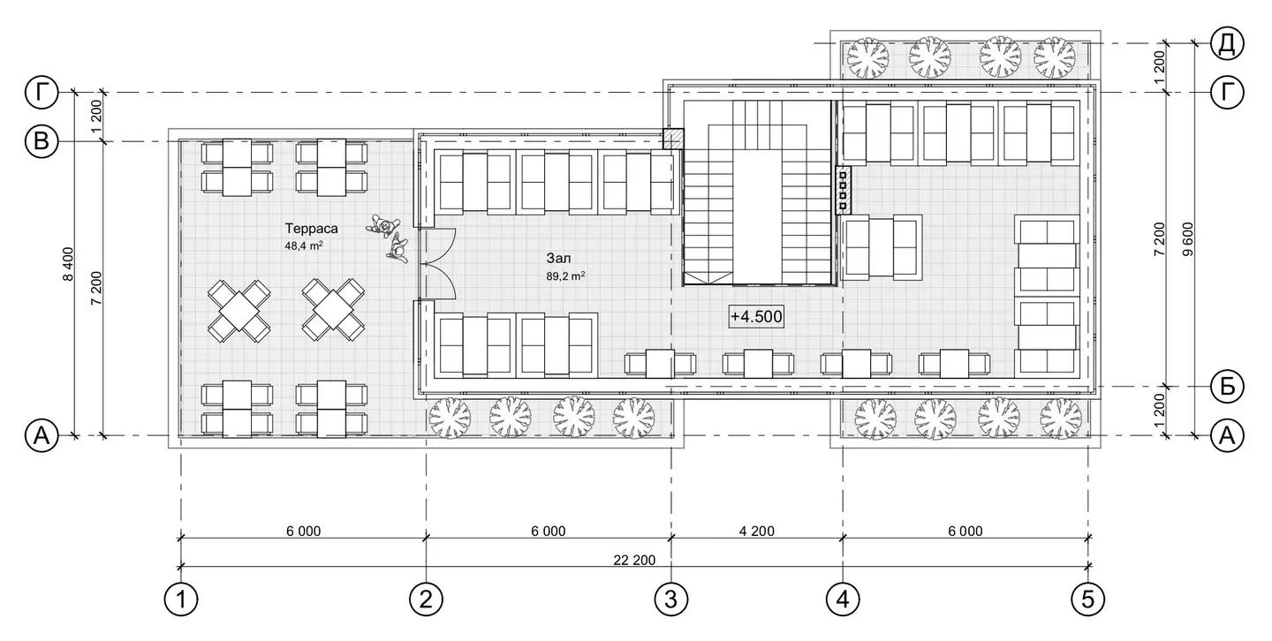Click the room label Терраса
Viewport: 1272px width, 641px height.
click(311, 229)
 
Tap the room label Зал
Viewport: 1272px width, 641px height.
click(559, 259)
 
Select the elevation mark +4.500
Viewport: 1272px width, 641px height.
click(756, 317)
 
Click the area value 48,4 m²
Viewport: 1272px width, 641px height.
click(304, 245)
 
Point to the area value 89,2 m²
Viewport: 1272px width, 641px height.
click(565, 276)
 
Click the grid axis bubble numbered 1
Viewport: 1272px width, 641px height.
click(181, 599)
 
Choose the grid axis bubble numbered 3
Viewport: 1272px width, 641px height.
click(671, 599)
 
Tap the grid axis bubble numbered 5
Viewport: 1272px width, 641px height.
click(1088, 599)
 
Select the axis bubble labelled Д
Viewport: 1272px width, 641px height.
click(1227, 43)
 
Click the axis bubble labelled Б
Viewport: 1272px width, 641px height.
click(1227, 387)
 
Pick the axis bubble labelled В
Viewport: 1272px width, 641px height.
click(42, 141)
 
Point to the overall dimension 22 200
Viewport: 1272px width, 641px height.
click(634, 561)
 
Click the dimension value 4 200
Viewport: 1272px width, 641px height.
click(757, 531)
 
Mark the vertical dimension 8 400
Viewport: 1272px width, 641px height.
click(68, 264)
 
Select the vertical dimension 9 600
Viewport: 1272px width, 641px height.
click(1187, 239)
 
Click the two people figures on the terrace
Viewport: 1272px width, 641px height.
click(389, 238)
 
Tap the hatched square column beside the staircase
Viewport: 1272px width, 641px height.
click(673, 139)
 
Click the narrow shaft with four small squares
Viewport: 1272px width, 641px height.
click(844, 190)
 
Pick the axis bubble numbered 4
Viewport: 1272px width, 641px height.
click(843, 599)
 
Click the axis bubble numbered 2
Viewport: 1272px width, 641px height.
click(426, 599)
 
